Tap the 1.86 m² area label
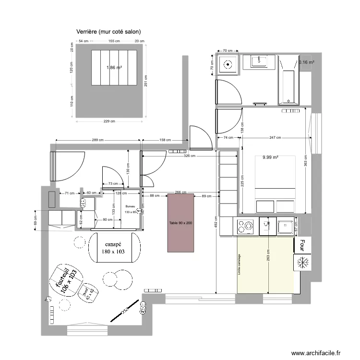[x=114, y=68]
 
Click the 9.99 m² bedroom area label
[x=271, y=157]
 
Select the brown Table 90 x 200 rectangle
[x=180, y=223]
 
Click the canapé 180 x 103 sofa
[x=113, y=247]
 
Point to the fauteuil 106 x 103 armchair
[x=66, y=280]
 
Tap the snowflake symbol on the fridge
[x=303, y=263]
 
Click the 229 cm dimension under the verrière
[x=110, y=121]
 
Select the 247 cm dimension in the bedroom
[x=275, y=138]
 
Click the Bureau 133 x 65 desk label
[x=131, y=209]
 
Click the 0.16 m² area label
[x=306, y=62]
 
